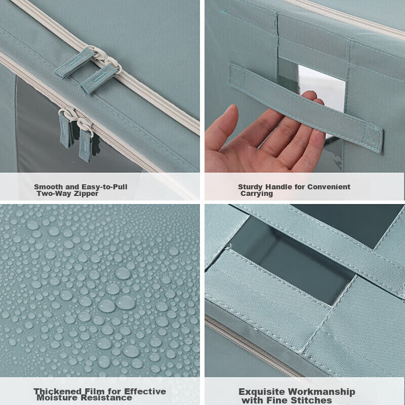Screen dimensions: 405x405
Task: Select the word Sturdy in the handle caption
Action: click(x=251, y=187)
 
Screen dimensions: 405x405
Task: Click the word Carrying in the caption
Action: click(x=257, y=193)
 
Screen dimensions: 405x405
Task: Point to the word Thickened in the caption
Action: click(x=57, y=391)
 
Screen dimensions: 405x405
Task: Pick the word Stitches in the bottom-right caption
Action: click(x=313, y=400)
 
